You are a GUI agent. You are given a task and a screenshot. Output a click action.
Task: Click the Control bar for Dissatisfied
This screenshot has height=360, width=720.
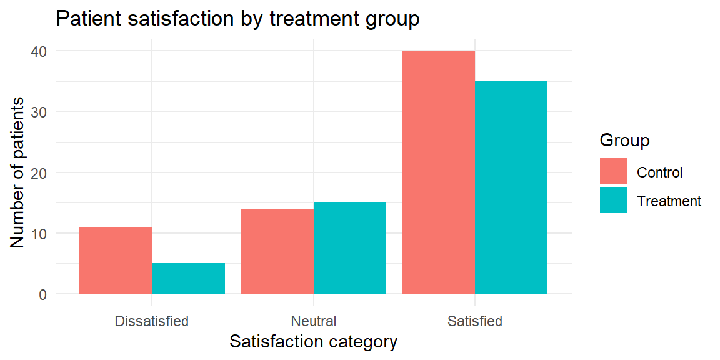(116, 261)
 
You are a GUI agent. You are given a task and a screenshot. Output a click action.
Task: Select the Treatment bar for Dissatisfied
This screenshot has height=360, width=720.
(188, 278)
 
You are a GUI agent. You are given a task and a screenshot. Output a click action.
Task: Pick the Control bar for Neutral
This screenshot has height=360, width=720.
(277, 251)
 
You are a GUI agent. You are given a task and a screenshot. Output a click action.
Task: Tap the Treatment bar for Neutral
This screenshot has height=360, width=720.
(350, 248)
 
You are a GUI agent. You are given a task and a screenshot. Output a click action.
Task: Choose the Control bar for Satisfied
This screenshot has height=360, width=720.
(439, 172)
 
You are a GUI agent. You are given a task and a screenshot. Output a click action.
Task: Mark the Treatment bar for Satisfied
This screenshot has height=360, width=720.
(511, 187)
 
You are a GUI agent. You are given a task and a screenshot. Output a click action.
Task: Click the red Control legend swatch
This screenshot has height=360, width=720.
(613, 171)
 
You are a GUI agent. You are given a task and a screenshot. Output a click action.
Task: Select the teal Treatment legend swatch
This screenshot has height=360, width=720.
(613, 200)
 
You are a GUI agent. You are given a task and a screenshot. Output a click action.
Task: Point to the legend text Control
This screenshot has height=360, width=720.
(660, 172)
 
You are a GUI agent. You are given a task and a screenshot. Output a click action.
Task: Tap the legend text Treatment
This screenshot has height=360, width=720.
(669, 201)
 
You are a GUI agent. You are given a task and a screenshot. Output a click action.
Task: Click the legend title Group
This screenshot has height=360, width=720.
(624, 141)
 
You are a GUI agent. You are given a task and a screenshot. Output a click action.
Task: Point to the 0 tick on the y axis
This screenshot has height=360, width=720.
(42, 294)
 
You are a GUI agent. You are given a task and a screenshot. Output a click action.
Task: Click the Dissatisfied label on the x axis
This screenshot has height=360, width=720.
(152, 321)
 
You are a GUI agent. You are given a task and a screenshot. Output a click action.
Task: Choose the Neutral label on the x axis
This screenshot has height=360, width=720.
(314, 321)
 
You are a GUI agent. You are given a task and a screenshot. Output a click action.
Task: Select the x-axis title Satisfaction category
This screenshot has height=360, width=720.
(314, 342)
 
